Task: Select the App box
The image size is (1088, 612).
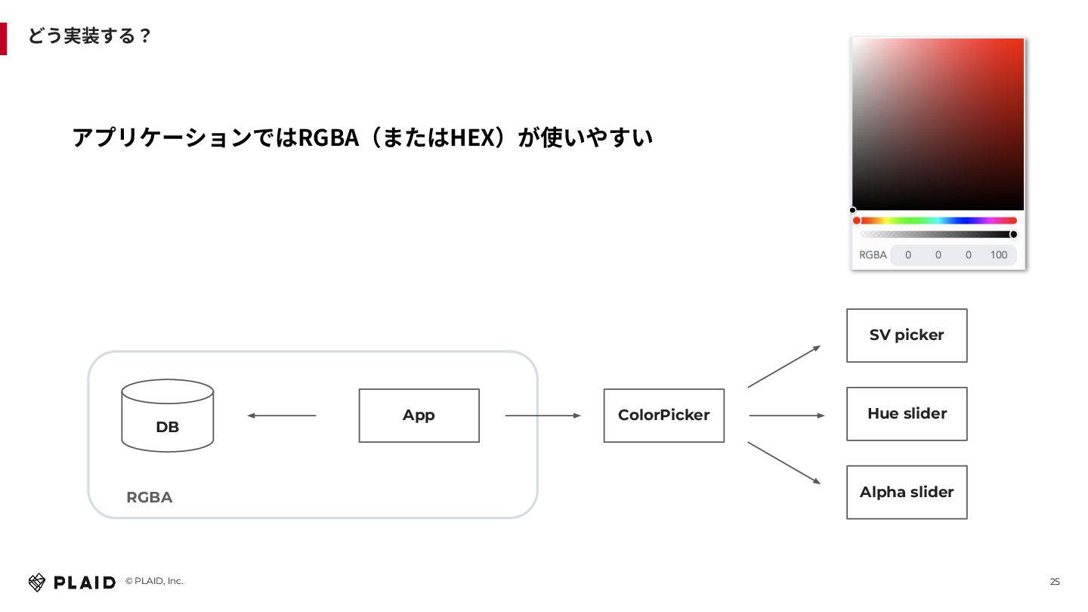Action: (419, 416)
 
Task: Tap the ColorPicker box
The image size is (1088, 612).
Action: (663, 416)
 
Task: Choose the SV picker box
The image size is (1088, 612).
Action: (907, 335)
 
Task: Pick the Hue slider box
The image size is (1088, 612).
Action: (907, 414)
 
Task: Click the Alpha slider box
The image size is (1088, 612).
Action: (907, 493)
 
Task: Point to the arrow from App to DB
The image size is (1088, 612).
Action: (281, 416)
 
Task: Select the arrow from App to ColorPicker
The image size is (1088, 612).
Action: (542, 416)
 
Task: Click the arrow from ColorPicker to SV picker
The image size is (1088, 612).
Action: (784, 366)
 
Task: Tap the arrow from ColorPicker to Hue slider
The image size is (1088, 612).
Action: (786, 416)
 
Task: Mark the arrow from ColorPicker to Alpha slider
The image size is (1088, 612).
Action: (784, 462)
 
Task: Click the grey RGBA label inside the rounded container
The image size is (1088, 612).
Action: (149, 497)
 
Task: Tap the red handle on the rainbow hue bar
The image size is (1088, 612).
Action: (857, 221)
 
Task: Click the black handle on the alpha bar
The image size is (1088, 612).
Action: (1013, 234)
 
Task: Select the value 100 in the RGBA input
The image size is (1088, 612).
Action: (999, 255)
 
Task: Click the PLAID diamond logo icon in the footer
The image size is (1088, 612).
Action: (37, 582)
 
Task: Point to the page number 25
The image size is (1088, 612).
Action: (1055, 582)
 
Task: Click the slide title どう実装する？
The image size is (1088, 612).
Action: (89, 36)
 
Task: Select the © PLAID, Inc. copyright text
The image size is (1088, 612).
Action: (154, 581)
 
